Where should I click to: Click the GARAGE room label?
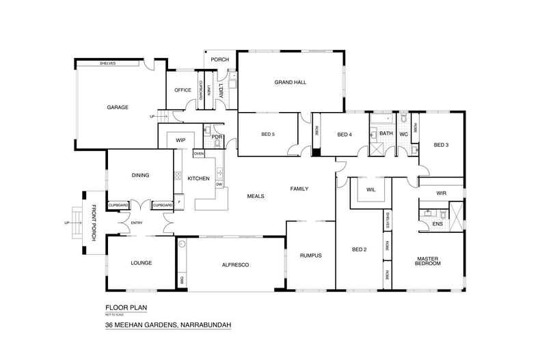pyautogui.click(x=118, y=107)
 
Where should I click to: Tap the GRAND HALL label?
pyautogui.click(x=290, y=82)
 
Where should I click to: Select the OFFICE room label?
pyautogui.click(x=183, y=90)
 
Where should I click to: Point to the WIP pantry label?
pyautogui.click(x=180, y=140)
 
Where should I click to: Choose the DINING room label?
pyautogui.click(x=140, y=175)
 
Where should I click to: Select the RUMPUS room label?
pyautogui.click(x=310, y=255)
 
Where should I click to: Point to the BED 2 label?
pyautogui.click(x=360, y=249)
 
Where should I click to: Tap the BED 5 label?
pyautogui.click(x=267, y=134)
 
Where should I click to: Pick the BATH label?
pyautogui.click(x=386, y=133)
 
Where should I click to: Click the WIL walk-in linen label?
pyautogui.click(x=371, y=190)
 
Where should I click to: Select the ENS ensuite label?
pyautogui.click(x=437, y=223)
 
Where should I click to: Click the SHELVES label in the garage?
pyautogui.click(x=107, y=63)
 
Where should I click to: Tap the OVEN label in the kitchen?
pyautogui.click(x=199, y=154)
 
